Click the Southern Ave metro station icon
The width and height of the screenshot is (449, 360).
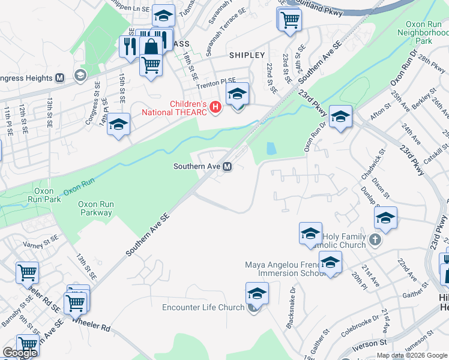tap(228, 166)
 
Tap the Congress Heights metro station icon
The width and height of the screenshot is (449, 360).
tap(60, 78)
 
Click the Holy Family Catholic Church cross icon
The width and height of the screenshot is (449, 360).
tap(375, 240)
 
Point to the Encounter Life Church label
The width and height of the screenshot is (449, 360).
tap(203, 308)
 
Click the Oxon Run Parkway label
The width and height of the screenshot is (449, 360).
tap(95, 208)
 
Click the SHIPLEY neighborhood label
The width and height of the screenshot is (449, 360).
tap(247, 55)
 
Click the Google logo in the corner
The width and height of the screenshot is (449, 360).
tap(20, 353)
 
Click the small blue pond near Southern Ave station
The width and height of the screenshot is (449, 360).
tap(271, 148)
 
